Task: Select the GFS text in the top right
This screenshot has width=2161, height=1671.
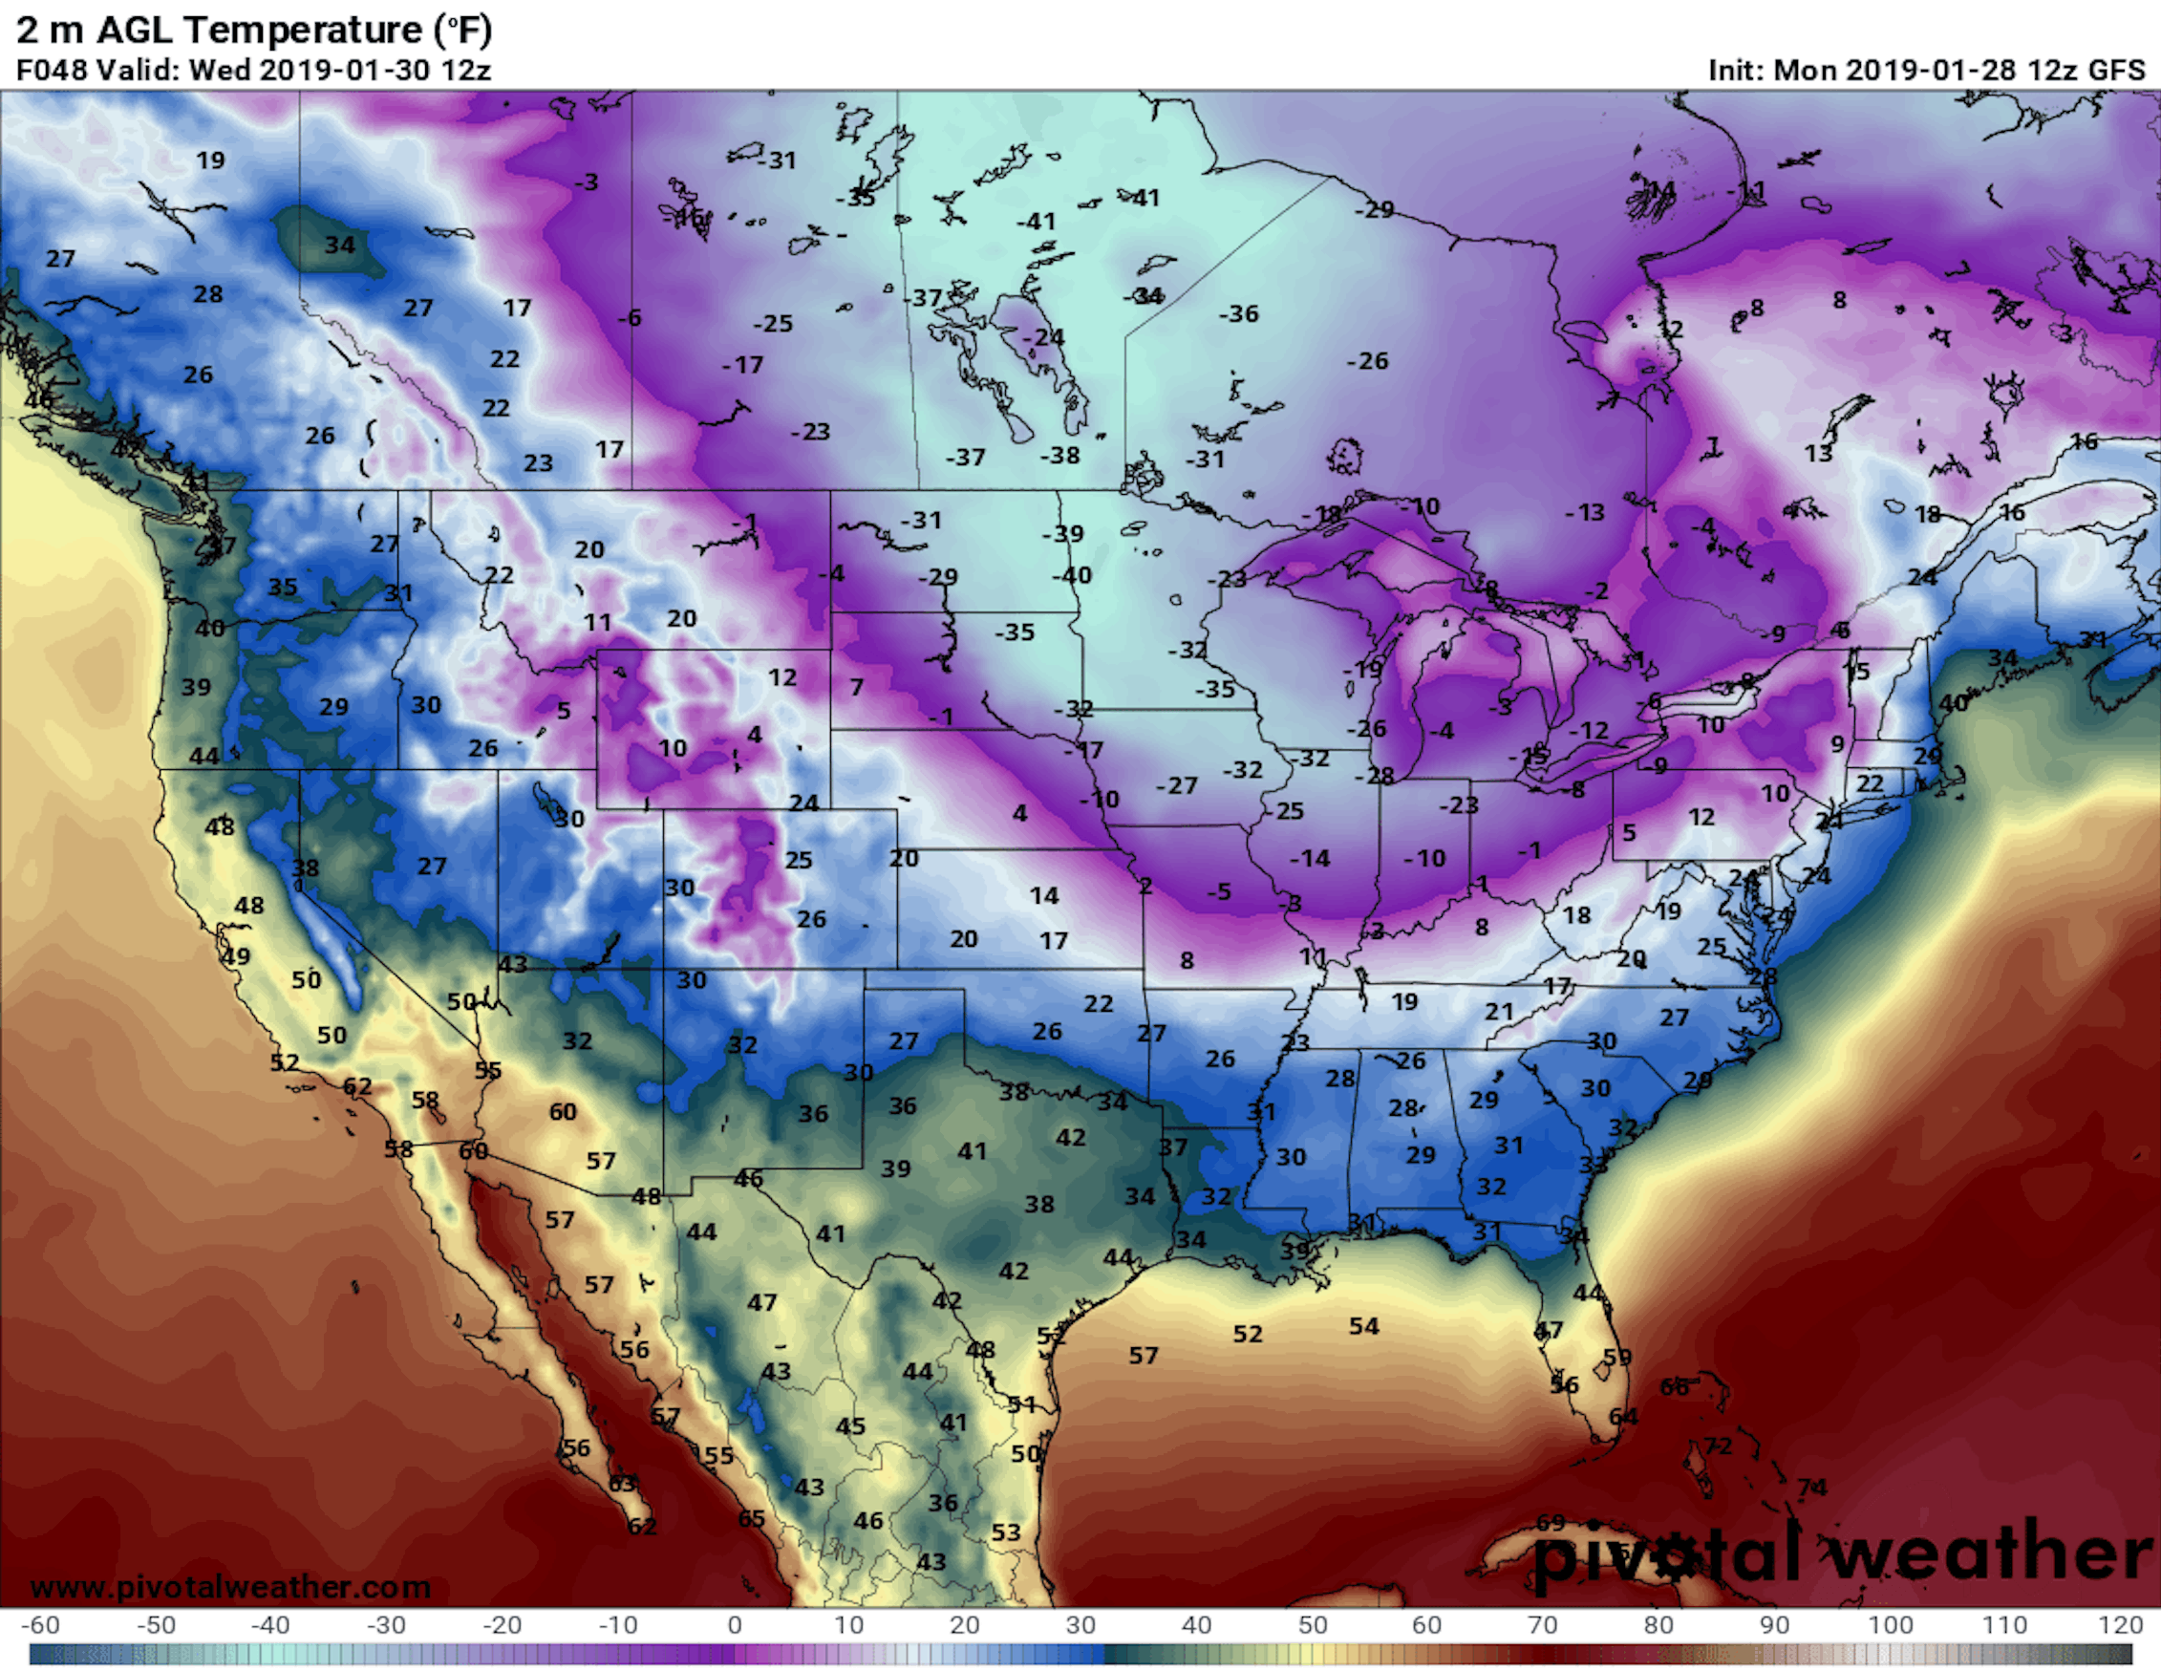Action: [x=2115, y=71]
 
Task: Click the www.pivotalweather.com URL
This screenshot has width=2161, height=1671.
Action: [x=230, y=1587]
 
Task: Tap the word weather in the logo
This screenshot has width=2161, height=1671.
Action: [x=1989, y=1553]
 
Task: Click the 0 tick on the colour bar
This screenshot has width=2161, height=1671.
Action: [x=733, y=1624]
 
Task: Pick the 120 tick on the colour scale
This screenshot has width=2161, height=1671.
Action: [x=2121, y=1624]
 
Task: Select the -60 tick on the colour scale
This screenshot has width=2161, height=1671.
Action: [x=39, y=1624]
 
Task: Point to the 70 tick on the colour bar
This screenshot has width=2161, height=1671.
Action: [x=1542, y=1624]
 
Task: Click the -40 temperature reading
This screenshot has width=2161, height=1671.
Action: [x=1071, y=575]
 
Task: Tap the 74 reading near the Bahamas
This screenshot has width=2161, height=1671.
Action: [x=1811, y=1487]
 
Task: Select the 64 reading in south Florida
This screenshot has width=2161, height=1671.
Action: [x=1623, y=1416]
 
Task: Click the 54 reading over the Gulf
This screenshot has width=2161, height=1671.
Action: [x=1363, y=1326]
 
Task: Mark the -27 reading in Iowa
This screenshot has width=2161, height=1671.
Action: [x=1176, y=785]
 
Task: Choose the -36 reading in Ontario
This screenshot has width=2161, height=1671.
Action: [x=1238, y=313]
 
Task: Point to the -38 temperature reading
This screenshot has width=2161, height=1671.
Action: [x=1059, y=455]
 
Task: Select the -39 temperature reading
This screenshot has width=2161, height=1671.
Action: [x=1062, y=533]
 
